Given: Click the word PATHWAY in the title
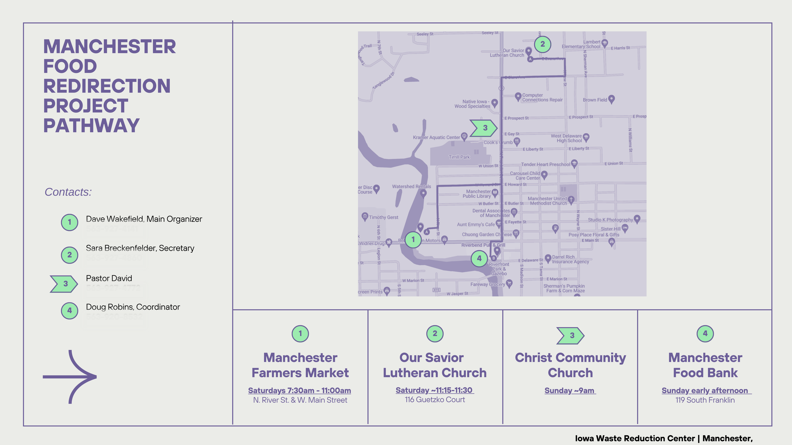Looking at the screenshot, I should pos(91,126).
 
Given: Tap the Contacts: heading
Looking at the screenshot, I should pos(68,192).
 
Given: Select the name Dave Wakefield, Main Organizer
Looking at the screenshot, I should pos(144,219).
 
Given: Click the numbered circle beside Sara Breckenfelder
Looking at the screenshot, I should pos(69,255).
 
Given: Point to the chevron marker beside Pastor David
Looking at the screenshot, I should pos(64,284).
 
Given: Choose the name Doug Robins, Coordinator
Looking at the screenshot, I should pos(133,307).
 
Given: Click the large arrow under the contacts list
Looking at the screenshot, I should pos(70,377).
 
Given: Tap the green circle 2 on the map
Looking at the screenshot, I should pos(542,44).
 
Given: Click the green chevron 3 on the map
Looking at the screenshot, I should pos(483,128).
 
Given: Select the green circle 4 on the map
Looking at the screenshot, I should pos(479,259).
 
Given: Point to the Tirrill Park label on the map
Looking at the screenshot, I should pos(459,157).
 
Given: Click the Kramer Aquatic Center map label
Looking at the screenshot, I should pos(436,137).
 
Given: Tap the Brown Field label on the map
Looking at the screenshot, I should pos(595,100).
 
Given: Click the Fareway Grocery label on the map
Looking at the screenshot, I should pos(488,284).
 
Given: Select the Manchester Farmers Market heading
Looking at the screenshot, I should pos(300,365).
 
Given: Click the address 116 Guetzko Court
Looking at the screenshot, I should pos(435,400).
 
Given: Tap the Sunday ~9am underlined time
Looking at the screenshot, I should pos(570,391).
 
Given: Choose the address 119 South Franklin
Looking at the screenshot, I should pos(705,400).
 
